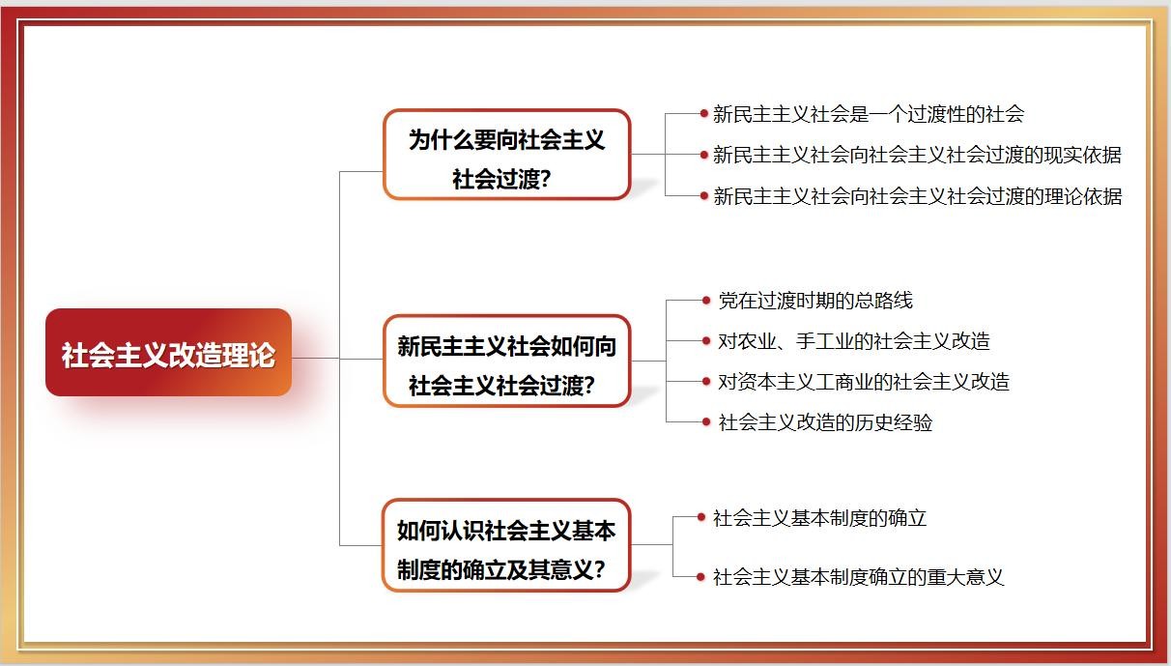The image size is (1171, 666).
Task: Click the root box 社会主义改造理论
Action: click(168, 353)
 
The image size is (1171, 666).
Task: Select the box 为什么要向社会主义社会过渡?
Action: click(506, 155)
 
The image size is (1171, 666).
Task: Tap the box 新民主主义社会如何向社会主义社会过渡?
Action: click(506, 361)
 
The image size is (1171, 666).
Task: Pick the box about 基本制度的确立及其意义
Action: click(506, 545)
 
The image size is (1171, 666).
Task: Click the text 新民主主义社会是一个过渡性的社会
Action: click(868, 114)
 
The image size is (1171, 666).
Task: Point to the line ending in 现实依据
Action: click(916, 155)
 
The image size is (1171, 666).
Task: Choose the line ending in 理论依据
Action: click(916, 196)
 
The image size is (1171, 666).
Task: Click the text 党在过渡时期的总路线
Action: click(814, 301)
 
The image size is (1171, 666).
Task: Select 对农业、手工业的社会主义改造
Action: click(853, 341)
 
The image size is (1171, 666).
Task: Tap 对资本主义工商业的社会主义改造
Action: click(863, 382)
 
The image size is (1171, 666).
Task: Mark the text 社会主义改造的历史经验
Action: click(824, 422)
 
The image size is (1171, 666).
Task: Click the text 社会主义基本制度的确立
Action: click(819, 518)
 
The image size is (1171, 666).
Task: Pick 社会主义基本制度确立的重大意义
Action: click(858, 577)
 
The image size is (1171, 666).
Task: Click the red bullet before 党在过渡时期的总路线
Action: click(706, 301)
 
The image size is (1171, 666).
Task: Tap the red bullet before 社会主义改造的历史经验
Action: click(706, 421)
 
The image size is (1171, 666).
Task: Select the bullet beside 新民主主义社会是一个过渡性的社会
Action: click(704, 113)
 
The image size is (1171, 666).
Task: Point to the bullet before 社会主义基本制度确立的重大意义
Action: click(702, 577)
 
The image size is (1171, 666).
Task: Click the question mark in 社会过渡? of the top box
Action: click(546, 180)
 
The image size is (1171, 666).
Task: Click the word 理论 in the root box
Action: click(249, 355)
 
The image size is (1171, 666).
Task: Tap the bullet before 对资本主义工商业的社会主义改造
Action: click(706, 381)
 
